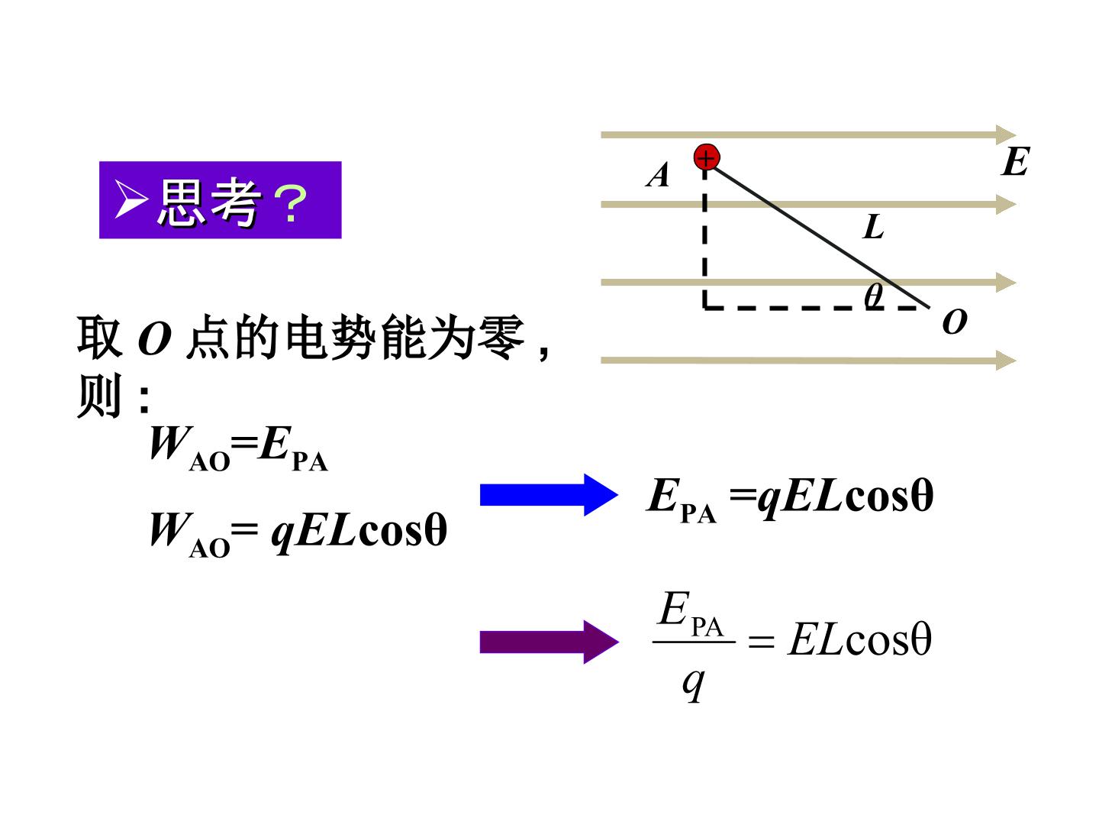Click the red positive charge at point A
[707, 157]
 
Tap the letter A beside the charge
[658, 175]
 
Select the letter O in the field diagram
[954, 321]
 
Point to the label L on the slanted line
[873, 227]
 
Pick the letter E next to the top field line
[1015, 161]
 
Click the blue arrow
[549, 495]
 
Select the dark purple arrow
[549, 642]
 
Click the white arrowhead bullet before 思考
[131, 199]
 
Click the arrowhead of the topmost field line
[1005, 134]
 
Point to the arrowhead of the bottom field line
[1005, 360]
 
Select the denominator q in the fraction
[694, 685]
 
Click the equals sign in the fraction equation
[761, 642]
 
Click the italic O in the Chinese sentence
[155, 339]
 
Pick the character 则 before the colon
[99, 395]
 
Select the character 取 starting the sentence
[99, 337]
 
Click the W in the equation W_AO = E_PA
[170, 443]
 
